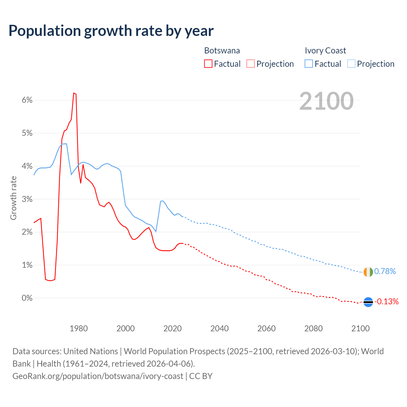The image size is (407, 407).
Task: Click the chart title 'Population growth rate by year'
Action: [x=111, y=31]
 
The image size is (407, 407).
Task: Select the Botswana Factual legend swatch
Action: [x=208, y=64]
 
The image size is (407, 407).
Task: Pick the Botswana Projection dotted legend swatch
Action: [x=251, y=64]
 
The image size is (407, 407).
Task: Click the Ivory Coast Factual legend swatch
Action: [x=309, y=64]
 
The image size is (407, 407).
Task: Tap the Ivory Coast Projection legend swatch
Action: [x=351, y=64]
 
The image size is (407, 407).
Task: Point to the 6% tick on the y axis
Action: [x=27, y=100]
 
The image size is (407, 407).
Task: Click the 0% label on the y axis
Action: [x=27, y=298]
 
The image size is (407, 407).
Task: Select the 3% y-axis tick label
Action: [x=27, y=199]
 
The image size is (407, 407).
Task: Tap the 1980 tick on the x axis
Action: [x=79, y=328]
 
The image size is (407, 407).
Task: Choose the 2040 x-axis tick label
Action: [x=219, y=328]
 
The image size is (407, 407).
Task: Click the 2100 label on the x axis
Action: [x=360, y=328]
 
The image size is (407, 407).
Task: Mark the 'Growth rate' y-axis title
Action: [x=13, y=198]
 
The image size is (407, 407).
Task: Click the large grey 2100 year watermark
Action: [x=326, y=101]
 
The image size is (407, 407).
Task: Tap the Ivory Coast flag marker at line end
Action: [x=368, y=272]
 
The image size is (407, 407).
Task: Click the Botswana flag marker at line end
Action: [x=368, y=302]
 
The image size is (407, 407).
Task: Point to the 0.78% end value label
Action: [x=385, y=271]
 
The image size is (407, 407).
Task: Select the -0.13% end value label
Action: [x=386, y=301]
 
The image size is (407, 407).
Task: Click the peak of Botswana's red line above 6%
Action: [x=74, y=93]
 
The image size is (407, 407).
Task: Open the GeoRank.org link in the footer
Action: [x=98, y=376]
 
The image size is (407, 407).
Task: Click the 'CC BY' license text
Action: [x=201, y=376]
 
